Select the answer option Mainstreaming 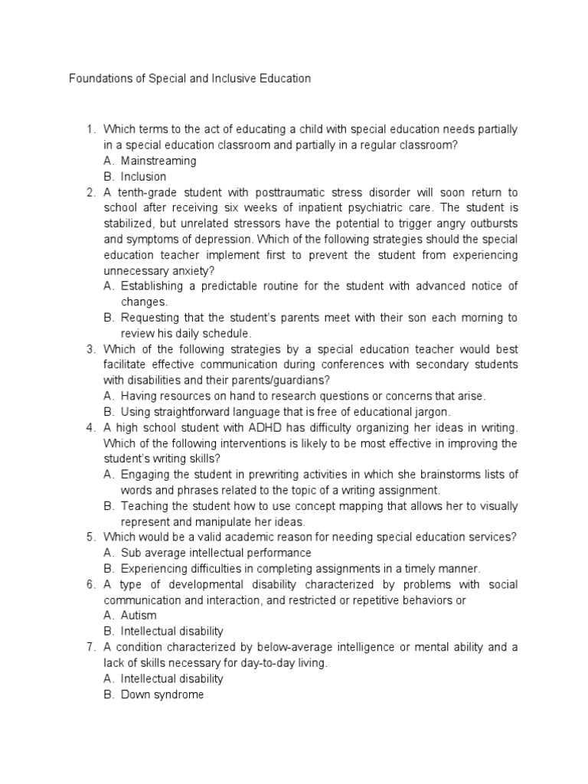coord(158,161)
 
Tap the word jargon coord(432,412)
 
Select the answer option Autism coord(139,616)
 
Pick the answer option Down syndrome coord(162,694)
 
